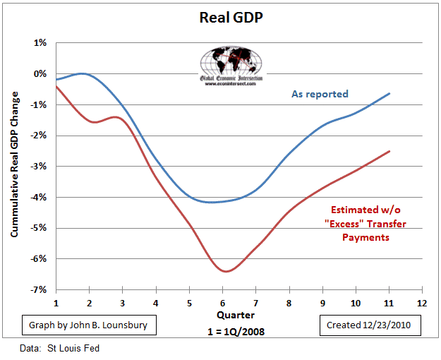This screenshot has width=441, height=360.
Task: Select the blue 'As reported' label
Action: click(x=320, y=94)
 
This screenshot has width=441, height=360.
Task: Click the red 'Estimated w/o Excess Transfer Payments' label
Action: click(x=369, y=223)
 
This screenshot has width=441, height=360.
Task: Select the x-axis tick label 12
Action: click(x=422, y=301)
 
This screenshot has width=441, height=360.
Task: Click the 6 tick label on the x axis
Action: click(x=223, y=301)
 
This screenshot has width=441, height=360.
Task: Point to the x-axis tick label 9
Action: click(x=322, y=301)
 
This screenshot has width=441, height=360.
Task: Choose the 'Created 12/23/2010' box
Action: click(x=370, y=326)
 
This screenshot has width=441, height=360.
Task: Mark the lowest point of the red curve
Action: click(x=225, y=271)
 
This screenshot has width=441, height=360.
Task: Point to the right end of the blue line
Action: click(x=389, y=93)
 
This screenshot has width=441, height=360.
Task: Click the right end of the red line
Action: click(x=389, y=151)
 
